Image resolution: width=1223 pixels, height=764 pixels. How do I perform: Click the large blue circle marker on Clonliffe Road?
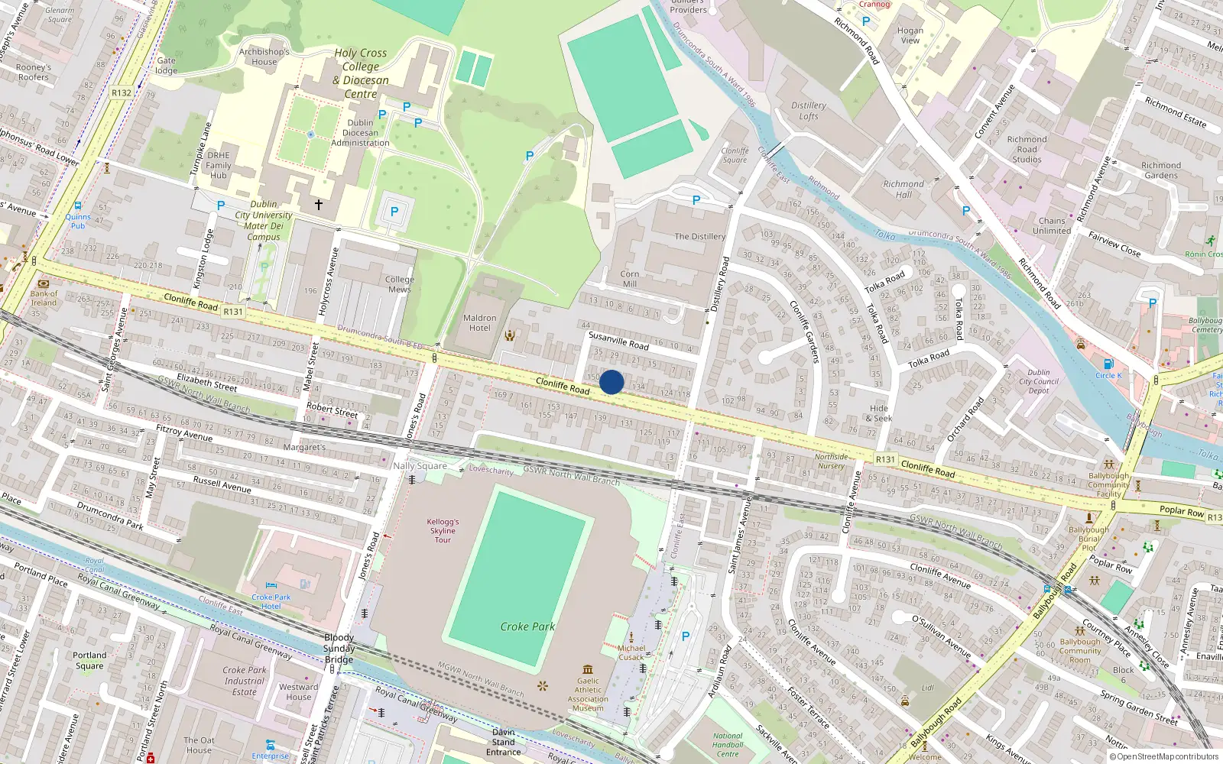[611, 382]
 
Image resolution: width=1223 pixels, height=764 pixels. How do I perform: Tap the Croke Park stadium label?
[527, 626]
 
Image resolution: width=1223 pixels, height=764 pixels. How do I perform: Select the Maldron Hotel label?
[479, 322]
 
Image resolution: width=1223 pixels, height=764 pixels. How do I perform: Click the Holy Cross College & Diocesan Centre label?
[361, 73]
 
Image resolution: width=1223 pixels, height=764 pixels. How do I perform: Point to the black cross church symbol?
[319, 205]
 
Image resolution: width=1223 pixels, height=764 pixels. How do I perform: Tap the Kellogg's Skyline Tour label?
[443, 530]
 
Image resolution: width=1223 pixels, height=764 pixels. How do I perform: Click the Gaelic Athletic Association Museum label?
[588, 694]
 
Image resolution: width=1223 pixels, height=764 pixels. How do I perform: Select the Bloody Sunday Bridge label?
[339, 649]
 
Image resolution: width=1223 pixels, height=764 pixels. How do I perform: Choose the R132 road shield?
[122, 93]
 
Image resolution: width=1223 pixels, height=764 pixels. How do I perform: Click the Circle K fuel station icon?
[1108, 364]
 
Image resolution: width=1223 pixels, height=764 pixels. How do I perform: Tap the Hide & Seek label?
[879, 413]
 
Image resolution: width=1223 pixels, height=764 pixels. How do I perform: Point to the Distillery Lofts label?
[809, 111]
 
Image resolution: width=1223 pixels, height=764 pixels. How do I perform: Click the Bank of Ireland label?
[44, 298]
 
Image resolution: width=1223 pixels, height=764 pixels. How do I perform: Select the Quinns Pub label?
[78, 221]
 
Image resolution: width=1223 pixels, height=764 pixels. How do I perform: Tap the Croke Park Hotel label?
[271, 601]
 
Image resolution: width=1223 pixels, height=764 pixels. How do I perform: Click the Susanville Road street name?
[618, 340]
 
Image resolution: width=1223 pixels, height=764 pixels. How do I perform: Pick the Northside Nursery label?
[831, 461]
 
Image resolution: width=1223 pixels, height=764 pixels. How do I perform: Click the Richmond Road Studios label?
[1027, 149]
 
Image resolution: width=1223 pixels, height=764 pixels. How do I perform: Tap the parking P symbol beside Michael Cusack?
[685, 636]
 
